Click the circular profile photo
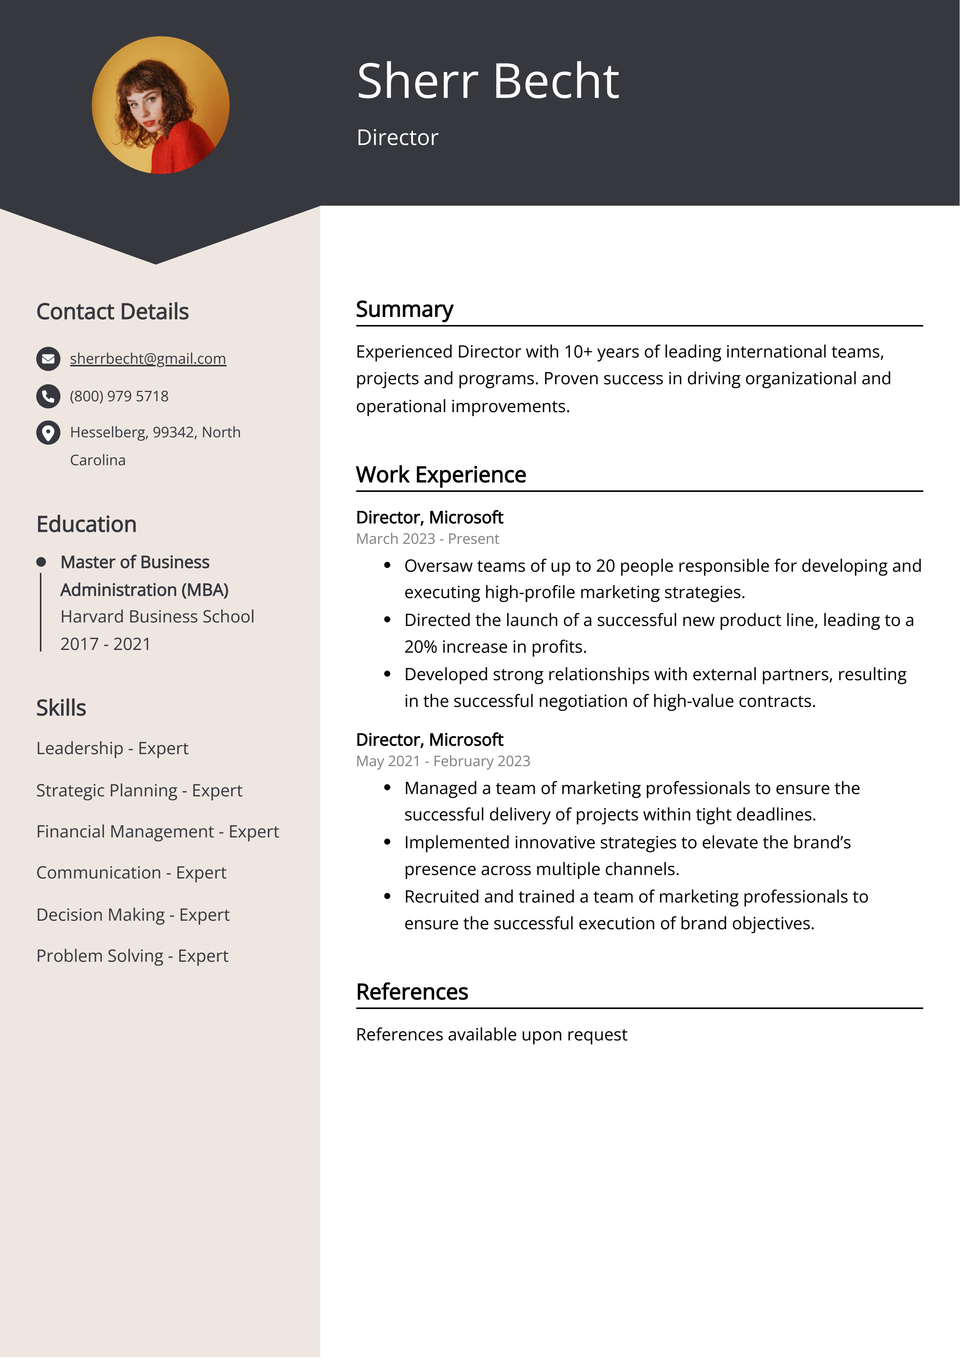tap(160, 105)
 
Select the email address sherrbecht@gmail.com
tap(148, 358)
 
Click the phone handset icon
tap(48, 396)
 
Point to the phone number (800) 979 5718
tap(119, 396)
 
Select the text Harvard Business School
tap(157, 616)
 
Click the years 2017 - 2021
tap(105, 643)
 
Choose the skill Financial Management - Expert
tap(157, 832)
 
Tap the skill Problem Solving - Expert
tap(132, 956)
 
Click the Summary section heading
tap(405, 309)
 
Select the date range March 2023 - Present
tap(427, 539)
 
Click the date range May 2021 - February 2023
tap(443, 761)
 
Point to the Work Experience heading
tap(441, 475)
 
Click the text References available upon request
tap(491, 1035)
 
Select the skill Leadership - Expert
tap(112, 748)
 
